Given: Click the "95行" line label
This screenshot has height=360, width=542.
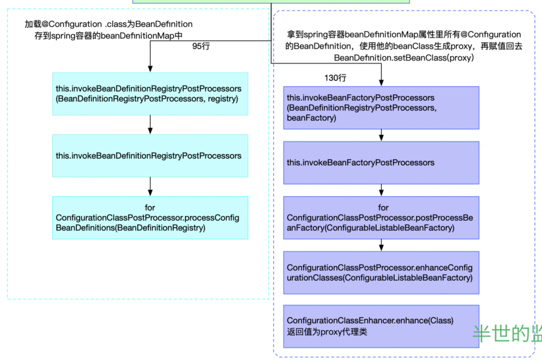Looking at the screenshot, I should [201, 47].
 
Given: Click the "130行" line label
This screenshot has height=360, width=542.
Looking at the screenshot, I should [335, 78].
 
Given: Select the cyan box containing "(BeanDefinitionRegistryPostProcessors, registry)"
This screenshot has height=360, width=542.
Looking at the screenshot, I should [150, 93].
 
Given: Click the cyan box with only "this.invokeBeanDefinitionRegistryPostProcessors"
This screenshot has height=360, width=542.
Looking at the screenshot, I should [150, 156].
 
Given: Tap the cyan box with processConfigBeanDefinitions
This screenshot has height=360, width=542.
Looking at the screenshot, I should [150, 217].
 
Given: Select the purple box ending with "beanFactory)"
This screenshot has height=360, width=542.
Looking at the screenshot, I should [381, 107].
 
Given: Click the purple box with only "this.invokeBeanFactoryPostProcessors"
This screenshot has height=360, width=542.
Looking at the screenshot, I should [381, 163].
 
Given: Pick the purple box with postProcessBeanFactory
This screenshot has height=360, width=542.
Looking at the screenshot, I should [381, 218].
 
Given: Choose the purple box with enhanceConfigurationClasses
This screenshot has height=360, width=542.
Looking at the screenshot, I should [381, 273].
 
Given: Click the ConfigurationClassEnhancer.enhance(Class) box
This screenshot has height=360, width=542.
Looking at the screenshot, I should [381, 326].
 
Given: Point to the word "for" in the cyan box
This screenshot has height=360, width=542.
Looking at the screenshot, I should [150, 208].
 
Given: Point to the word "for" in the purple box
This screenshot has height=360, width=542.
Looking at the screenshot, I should [383, 208].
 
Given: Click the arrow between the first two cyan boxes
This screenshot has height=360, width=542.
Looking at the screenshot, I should [150, 124].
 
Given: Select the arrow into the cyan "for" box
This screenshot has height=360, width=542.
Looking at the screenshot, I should [150, 187].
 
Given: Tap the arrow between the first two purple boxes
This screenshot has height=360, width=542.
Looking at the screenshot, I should [382, 135].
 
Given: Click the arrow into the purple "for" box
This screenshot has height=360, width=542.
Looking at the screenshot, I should [382, 190].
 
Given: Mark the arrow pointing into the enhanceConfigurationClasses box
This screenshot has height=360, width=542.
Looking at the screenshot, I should [382, 245].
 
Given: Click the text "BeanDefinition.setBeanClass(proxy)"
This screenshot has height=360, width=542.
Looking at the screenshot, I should [404, 57].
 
